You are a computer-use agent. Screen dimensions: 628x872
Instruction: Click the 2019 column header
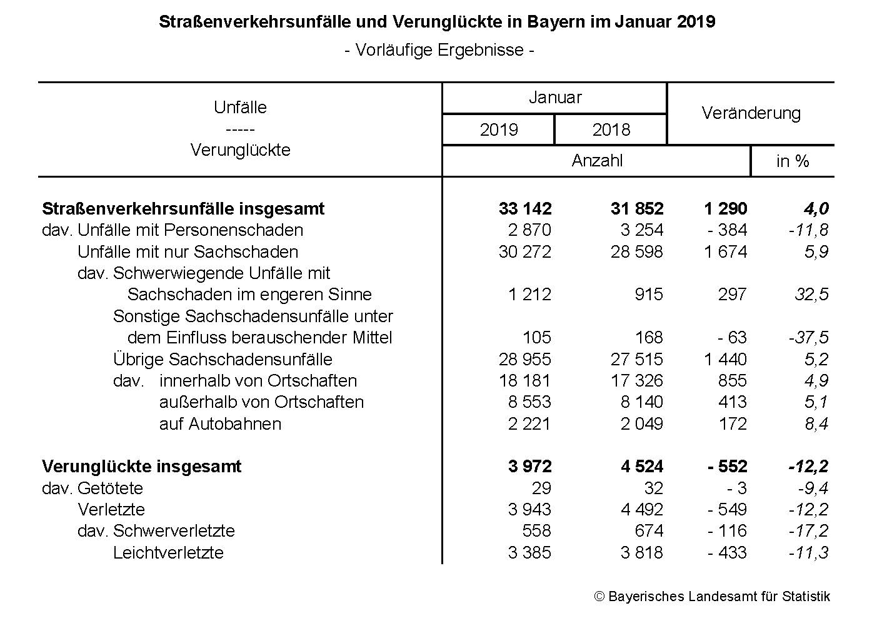coord(498,129)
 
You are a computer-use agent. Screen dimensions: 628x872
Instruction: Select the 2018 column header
coord(611,129)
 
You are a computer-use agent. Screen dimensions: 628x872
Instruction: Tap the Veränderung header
coord(751,113)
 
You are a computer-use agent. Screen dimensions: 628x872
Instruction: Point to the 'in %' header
coord(793,161)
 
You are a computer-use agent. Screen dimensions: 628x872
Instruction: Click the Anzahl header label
coord(597,161)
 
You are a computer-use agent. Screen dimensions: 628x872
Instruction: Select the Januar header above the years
coord(555,98)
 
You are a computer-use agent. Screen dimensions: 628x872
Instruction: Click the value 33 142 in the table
coord(525,208)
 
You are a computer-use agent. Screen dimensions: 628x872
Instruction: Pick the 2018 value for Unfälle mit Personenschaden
coord(642,230)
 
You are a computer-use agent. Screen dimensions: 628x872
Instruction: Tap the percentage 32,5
coord(811,295)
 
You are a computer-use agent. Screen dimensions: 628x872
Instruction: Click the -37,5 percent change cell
coord(808,338)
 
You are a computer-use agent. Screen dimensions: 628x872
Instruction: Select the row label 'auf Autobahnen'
coord(220,424)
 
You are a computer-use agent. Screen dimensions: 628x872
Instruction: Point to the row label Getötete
coord(110,489)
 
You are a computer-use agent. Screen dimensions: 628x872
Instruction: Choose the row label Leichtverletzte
coord(168,553)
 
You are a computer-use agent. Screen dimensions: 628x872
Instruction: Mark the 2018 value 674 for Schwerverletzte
coord(649,531)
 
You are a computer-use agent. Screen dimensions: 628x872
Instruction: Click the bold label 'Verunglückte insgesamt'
coord(142,467)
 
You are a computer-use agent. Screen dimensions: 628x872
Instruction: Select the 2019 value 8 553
coord(530,402)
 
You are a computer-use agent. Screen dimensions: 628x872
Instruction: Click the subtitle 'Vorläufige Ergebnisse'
coord(439,50)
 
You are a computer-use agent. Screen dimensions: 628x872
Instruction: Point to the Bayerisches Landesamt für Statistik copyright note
coord(712,597)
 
